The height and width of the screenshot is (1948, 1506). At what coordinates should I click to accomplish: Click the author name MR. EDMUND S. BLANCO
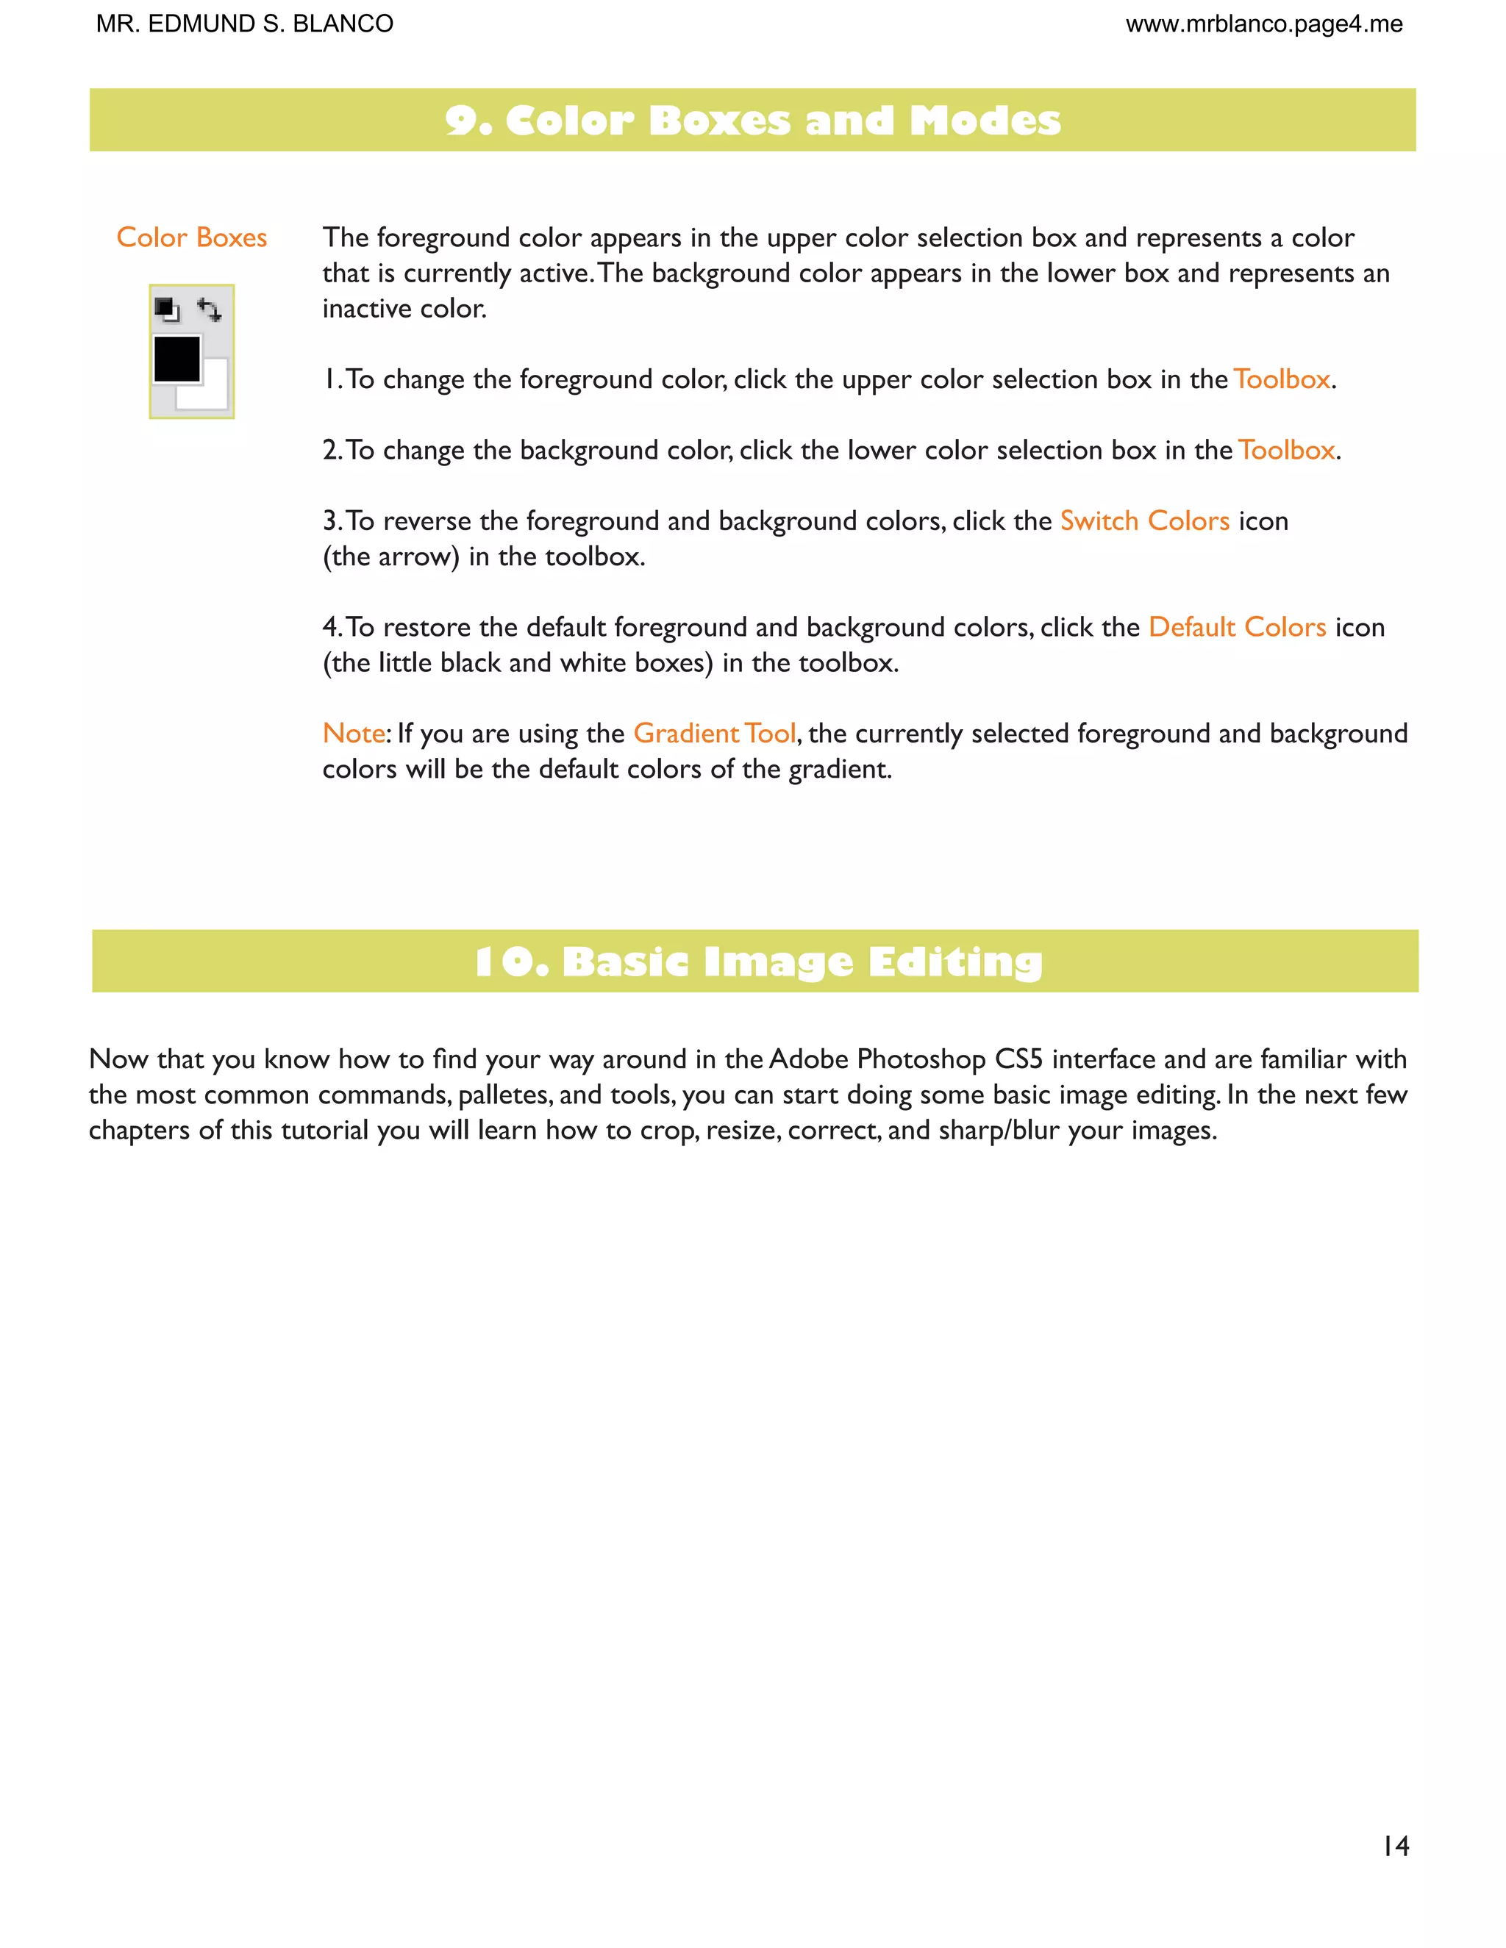coord(244,24)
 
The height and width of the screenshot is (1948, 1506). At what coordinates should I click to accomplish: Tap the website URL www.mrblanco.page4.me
coord(1263,24)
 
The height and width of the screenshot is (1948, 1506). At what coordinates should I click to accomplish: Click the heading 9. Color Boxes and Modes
coord(752,121)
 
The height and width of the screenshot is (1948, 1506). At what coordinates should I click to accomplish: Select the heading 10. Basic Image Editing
coord(758,962)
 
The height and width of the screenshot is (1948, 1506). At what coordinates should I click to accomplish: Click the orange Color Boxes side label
coord(192,237)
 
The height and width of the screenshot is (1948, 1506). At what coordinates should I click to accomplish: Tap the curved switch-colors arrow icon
coord(210,309)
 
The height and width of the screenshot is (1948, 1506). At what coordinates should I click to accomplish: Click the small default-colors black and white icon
coord(167,309)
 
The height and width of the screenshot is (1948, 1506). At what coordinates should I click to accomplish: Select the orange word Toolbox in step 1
coord(1282,380)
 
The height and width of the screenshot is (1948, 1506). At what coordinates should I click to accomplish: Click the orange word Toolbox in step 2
coord(1287,451)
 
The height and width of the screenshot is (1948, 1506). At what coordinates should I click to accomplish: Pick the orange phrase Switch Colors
coord(1143,521)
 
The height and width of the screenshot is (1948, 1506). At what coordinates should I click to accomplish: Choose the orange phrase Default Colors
coord(1237,627)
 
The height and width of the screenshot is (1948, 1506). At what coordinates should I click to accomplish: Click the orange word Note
coord(353,733)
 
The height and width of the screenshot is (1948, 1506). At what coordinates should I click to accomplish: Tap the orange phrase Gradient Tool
coord(714,733)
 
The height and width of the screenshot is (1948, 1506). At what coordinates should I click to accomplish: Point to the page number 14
coord(1396,1847)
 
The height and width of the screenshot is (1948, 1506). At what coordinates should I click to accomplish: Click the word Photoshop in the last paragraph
coord(921,1059)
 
